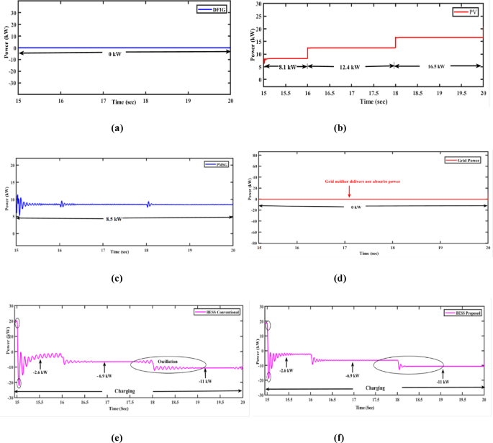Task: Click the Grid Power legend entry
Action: click(x=464, y=159)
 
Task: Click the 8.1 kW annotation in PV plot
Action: click(x=286, y=66)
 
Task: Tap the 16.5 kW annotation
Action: click(x=436, y=66)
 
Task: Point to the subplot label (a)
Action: click(x=116, y=127)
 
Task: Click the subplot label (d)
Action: click(x=371, y=274)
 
